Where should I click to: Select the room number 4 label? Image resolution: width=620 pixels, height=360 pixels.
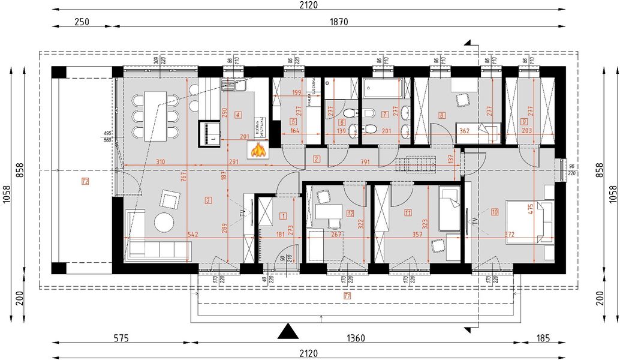238,114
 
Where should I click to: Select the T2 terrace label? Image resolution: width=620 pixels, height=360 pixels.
85,181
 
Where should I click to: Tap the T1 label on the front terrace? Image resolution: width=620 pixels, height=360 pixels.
347,296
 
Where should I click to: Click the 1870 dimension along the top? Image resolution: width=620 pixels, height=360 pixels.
339,22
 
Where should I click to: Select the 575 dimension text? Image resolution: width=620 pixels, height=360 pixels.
121,338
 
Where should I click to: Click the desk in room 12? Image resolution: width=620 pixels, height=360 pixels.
328,212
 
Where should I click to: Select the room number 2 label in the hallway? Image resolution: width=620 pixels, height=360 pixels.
317,159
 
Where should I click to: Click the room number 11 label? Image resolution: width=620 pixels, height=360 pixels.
408,212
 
